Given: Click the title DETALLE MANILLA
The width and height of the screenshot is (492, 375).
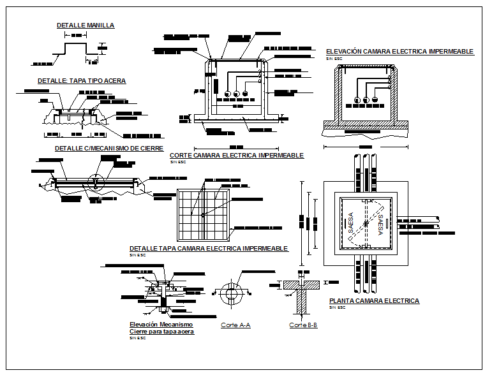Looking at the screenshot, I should [x=86, y=26].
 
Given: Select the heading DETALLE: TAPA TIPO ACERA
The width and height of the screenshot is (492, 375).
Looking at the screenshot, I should [x=82, y=81].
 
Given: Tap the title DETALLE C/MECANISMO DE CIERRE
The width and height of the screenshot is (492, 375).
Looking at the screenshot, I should [x=101, y=148].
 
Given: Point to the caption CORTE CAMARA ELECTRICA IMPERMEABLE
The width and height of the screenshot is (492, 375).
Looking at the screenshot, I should [x=236, y=155].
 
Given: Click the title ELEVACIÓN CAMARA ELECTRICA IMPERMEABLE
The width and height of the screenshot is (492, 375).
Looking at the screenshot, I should [x=399, y=51].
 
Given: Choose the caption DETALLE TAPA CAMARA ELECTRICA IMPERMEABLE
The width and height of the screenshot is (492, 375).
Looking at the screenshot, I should [x=209, y=248].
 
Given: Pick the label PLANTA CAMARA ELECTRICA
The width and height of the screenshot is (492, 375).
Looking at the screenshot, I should [x=374, y=300].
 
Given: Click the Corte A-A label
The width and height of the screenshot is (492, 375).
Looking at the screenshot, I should [x=235, y=325].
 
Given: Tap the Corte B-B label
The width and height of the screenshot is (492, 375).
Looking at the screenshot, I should [x=303, y=325].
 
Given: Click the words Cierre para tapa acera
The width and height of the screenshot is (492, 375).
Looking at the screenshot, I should [x=161, y=332].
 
